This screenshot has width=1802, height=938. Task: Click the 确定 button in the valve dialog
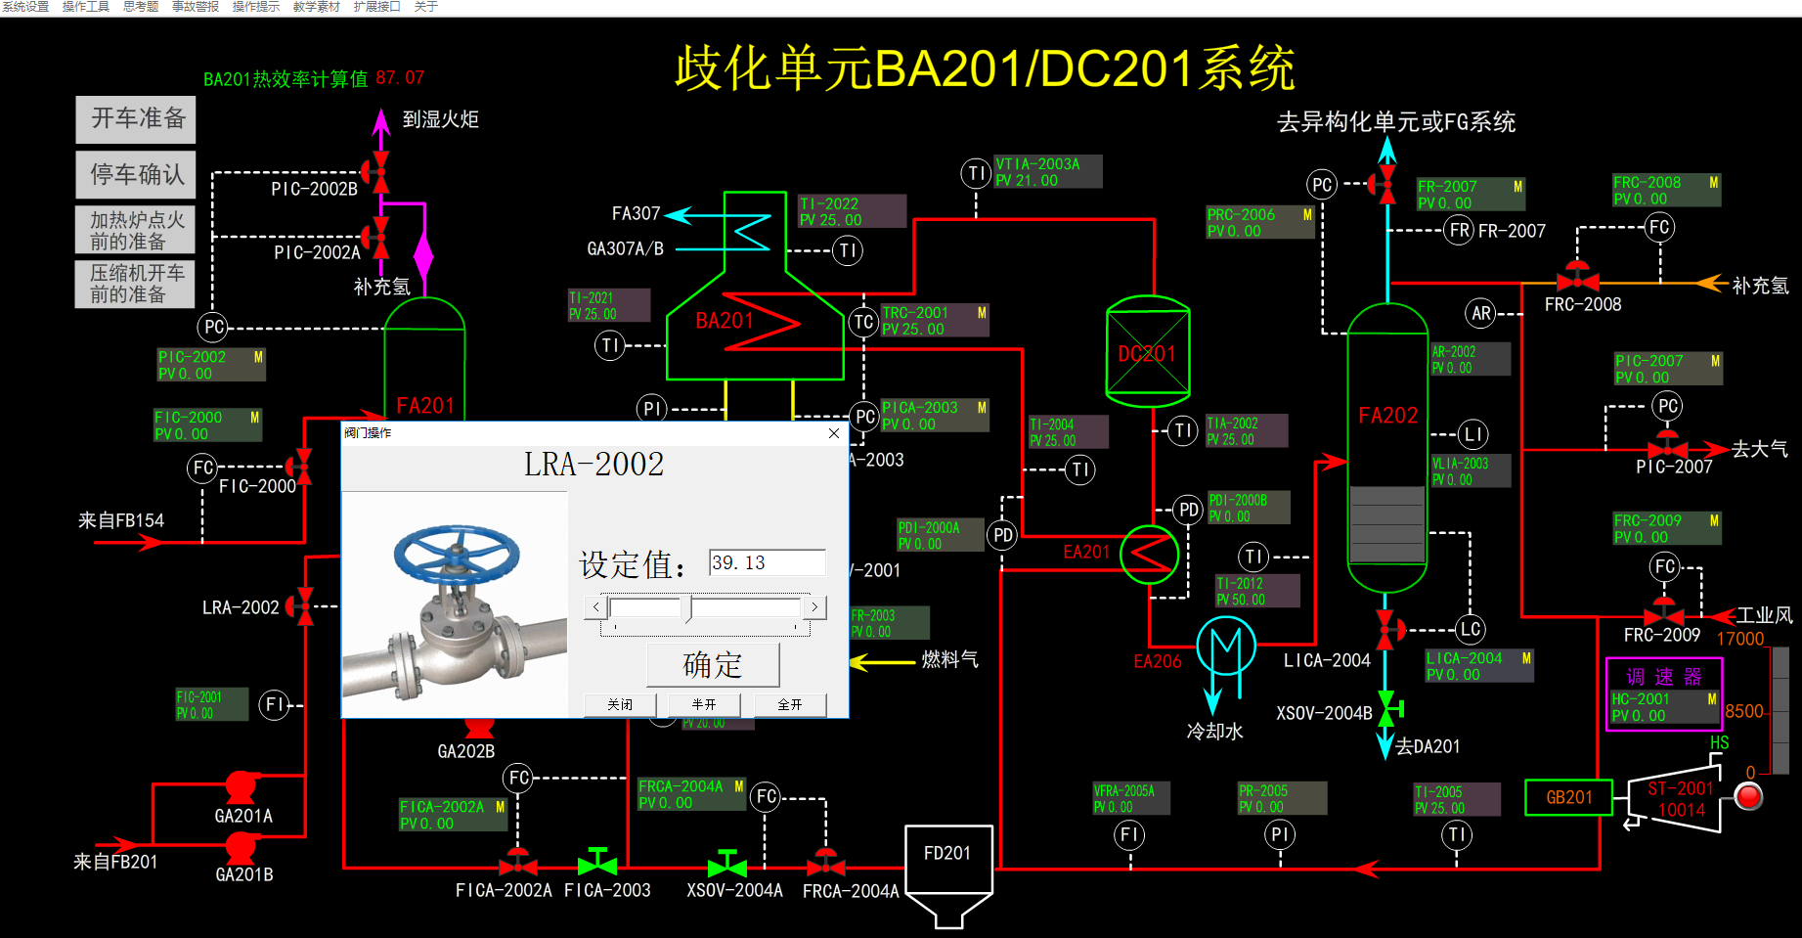coord(713,665)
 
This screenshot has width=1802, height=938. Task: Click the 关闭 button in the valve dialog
coord(619,704)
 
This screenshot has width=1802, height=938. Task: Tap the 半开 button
coord(704,704)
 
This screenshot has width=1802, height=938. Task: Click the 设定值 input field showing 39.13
coord(768,562)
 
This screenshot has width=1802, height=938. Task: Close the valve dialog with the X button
coord(834,433)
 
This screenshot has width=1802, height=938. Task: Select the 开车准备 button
coord(137,119)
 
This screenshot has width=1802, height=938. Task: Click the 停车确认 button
coord(137,174)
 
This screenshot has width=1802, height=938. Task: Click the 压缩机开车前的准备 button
coord(136,284)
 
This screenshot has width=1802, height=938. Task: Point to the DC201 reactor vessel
coord(1148,352)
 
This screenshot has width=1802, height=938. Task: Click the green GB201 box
coord(1569,797)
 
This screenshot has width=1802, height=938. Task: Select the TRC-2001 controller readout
coord(935,321)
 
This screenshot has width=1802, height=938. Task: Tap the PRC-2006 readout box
coord(1259,222)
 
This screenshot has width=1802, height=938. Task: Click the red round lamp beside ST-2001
coord(1748,797)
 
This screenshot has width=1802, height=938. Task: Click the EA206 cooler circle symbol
coord(1225,648)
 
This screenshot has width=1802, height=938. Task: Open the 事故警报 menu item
coord(196,7)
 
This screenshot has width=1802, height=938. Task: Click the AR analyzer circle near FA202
coord(1481,313)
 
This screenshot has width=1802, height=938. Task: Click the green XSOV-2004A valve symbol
coord(727,865)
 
